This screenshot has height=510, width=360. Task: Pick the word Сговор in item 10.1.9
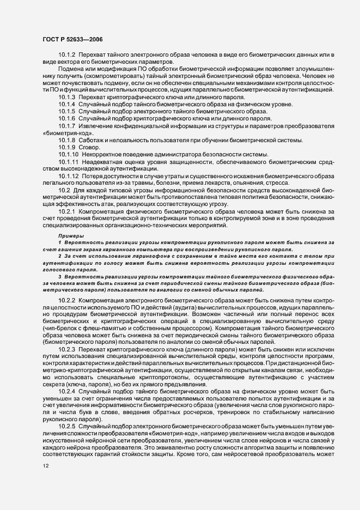point(89,148)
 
